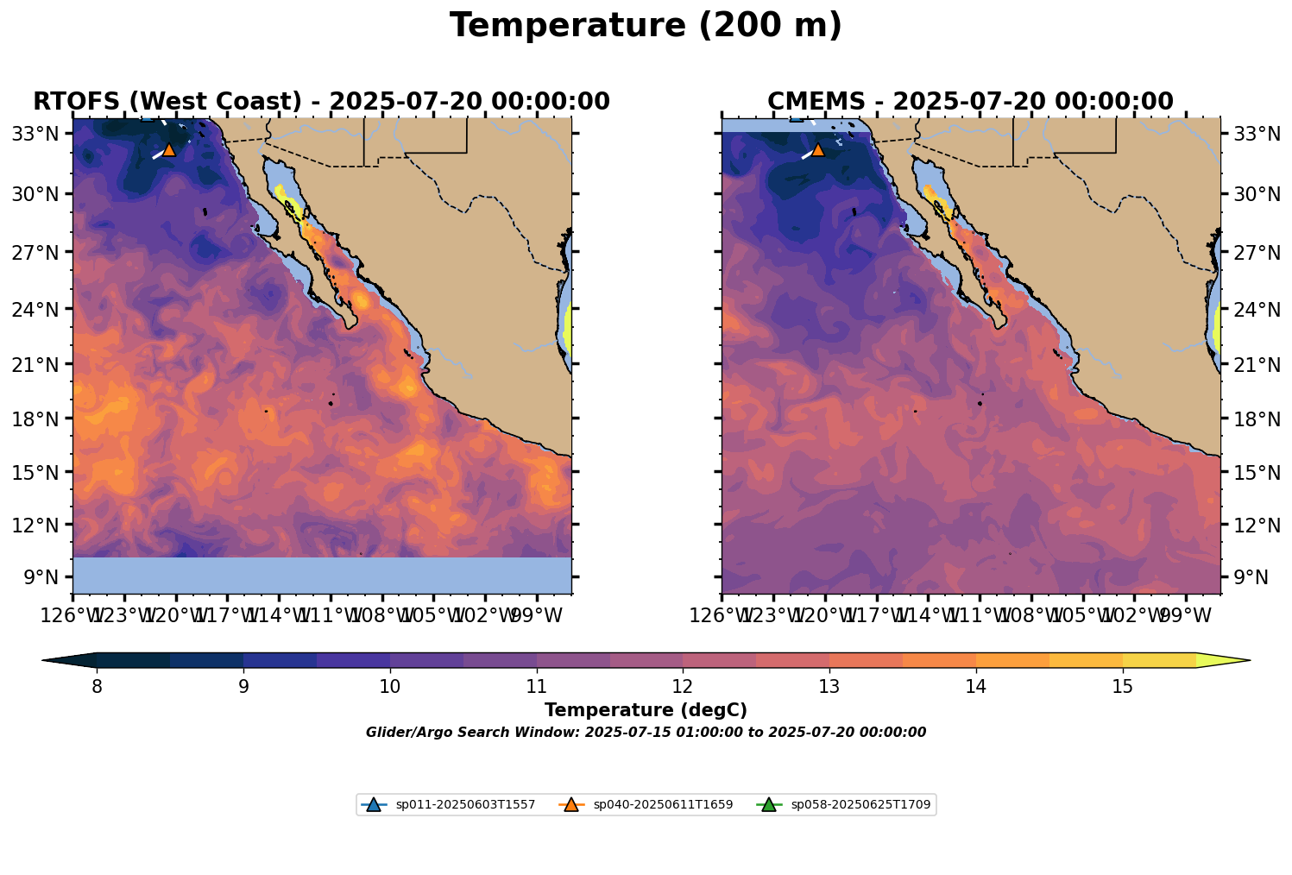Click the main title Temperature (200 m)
click(646, 26)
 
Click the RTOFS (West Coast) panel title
click(321, 102)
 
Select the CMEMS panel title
click(970, 102)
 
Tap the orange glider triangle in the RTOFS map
click(169, 149)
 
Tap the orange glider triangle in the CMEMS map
click(818, 149)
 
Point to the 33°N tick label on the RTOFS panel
click(36, 134)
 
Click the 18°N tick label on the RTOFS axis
click(36, 419)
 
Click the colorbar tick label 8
click(97, 687)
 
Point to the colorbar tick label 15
click(1122, 687)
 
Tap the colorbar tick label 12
click(683, 687)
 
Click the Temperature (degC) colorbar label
click(646, 710)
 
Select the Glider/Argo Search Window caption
click(646, 733)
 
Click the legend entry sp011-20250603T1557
click(465, 805)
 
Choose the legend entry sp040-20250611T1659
click(663, 805)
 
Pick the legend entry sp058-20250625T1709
click(860, 805)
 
